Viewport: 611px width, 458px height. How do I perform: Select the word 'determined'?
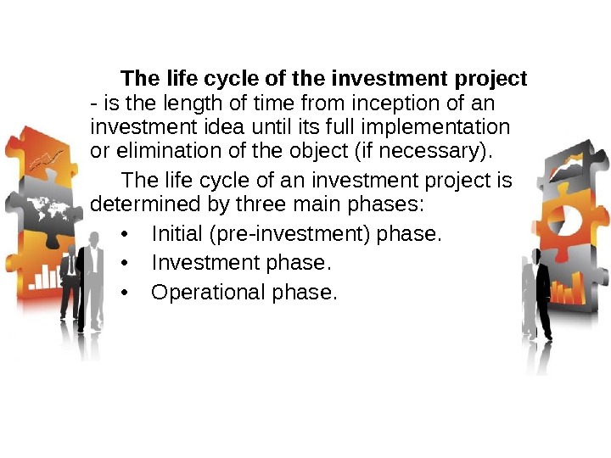point(134,205)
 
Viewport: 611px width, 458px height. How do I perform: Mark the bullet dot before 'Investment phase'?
point(125,264)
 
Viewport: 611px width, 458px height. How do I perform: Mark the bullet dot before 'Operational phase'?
point(125,293)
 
